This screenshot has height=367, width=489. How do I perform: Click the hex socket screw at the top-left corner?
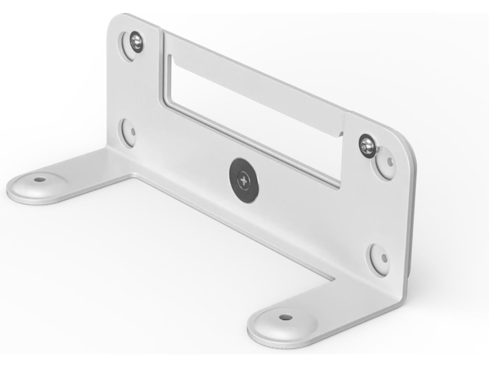click(136, 42)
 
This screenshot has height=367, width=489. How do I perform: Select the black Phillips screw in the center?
click(244, 180)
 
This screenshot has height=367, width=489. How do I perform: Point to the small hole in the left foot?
click(39, 179)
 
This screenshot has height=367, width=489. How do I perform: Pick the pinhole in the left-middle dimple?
click(133, 132)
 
